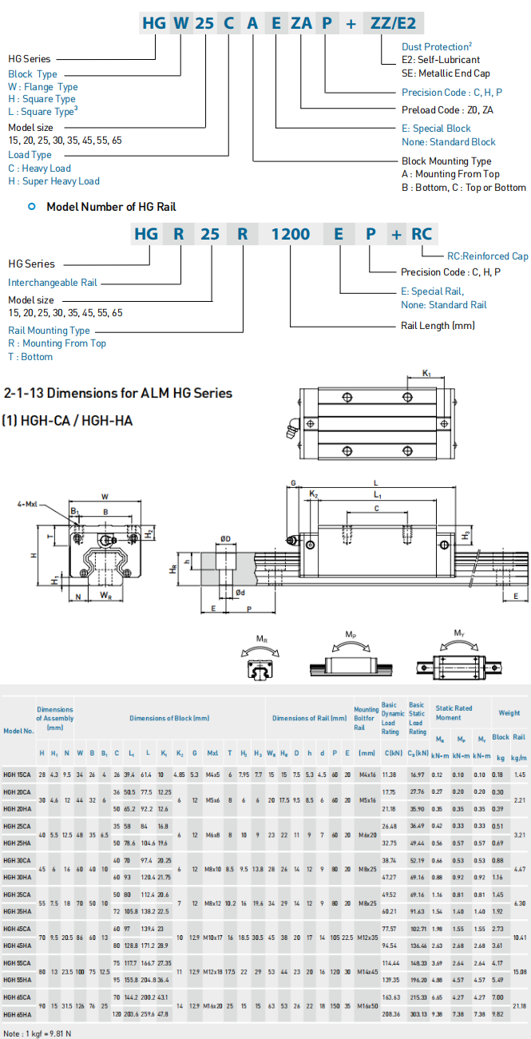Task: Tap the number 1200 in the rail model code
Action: [291, 235]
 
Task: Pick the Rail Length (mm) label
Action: [438, 326]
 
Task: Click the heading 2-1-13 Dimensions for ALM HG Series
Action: [118, 393]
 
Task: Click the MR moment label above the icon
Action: [262, 639]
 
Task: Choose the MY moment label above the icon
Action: [459, 633]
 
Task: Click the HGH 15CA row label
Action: [18, 775]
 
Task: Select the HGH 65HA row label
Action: [18, 1014]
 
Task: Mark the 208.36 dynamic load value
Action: [390, 1014]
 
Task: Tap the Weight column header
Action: [509, 713]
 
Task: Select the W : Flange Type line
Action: [43, 86]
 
